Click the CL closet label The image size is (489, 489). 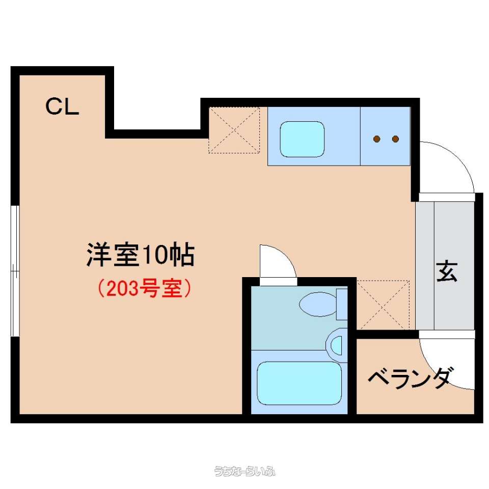62,106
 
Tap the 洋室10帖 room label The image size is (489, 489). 141,255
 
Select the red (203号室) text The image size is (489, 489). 144,288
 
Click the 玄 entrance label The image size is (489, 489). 447,271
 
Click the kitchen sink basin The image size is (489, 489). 302,139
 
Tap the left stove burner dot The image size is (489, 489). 377,139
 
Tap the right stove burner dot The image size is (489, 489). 395,139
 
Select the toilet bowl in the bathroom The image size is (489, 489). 318,304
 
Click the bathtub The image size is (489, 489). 299,383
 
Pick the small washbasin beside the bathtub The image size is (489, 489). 336,345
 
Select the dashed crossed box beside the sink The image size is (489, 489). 234,130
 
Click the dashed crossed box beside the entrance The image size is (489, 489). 383,305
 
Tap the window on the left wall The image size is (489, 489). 15,270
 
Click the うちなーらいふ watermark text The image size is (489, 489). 244,471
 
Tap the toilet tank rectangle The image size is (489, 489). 342,304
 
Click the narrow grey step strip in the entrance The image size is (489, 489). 425,266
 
